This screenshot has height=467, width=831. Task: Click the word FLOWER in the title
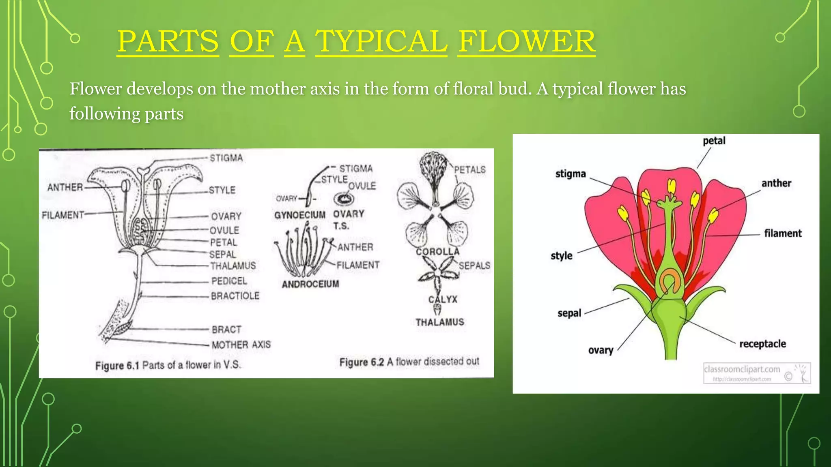(x=526, y=41)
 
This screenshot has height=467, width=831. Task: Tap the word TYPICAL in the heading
(x=381, y=41)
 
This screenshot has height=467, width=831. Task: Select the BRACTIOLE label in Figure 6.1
(x=235, y=296)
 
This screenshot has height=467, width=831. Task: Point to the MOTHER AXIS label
(x=241, y=345)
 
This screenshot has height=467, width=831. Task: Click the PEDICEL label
(x=229, y=281)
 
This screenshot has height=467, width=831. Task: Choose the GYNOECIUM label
(x=299, y=215)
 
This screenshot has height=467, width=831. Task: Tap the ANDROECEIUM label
(x=310, y=284)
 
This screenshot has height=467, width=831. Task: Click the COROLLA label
(x=437, y=252)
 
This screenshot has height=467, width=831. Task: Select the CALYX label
(x=443, y=300)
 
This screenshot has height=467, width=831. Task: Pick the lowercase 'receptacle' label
(x=762, y=344)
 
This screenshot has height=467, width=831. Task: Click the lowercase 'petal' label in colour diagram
(x=714, y=141)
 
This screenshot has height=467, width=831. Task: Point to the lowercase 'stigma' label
(x=571, y=174)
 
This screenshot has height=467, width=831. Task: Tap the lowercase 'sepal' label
(x=569, y=313)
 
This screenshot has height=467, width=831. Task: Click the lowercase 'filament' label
(x=783, y=233)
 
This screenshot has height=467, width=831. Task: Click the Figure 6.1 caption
(x=168, y=365)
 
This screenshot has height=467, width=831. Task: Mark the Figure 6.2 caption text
(x=409, y=362)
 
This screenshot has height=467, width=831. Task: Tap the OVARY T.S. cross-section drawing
(x=344, y=199)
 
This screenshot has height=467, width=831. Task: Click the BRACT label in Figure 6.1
(x=226, y=330)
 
